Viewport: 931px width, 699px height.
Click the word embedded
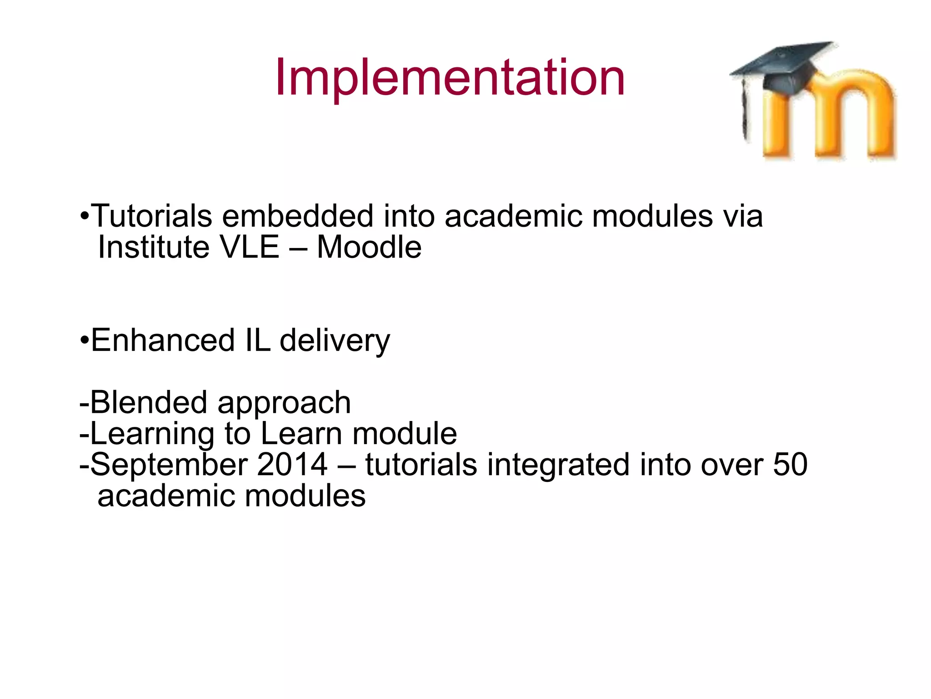[298, 216]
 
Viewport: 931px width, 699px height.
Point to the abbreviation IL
[257, 340]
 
